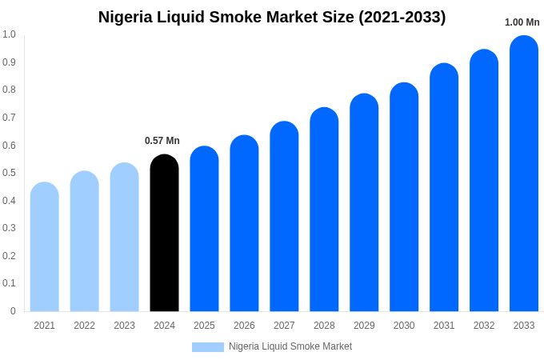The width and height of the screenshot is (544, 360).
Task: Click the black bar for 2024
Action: coord(164,234)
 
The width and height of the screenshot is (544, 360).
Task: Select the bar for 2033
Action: coord(524,174)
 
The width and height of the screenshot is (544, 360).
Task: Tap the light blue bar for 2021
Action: coord(45,247)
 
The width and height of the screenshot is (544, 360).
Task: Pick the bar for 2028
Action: coord(324,210)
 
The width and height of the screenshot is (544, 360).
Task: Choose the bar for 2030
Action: coord(404,198)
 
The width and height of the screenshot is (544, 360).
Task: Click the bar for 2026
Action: coord(244,224)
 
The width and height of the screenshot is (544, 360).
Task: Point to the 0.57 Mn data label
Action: coord(162,141)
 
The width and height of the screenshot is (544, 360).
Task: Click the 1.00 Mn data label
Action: coord(522,22)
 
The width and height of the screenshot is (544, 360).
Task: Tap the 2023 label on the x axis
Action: coord(124,326)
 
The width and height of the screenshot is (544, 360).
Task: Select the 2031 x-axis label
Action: coord(444,326)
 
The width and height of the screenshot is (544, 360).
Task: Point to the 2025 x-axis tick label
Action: coord(204,326)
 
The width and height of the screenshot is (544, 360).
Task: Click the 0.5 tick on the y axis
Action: coord(9,173)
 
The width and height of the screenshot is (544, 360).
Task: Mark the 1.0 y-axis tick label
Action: coord(9,34)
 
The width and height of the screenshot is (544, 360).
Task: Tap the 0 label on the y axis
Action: coord(13,311)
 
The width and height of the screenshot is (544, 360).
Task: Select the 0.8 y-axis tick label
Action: coord(9,90)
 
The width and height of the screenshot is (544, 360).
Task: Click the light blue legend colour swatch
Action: coord(207,347)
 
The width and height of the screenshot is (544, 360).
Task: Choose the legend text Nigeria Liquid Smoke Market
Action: coord(290,346)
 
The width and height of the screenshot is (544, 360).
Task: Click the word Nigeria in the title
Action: coord(126,17)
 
